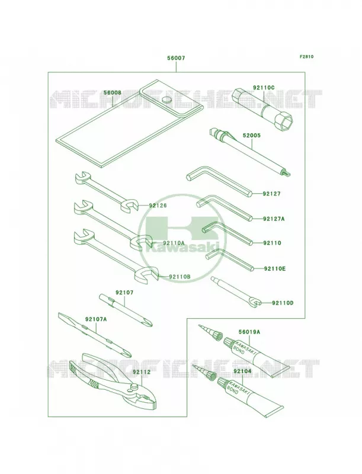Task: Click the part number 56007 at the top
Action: click(176, 57)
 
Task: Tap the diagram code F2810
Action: click(306, 56)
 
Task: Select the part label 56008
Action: click(113, 92)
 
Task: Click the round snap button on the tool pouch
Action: click(166, 100)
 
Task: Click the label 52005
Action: click(251, 136)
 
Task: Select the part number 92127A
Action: click(274, 219)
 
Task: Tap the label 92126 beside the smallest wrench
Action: click(158, 206)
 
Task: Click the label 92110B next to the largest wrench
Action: click(180, 276)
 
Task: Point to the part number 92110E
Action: click(275, 268)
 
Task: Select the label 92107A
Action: click(96, 319)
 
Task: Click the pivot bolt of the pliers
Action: click(134, 386)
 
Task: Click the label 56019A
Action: click(249, 332)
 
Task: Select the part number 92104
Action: click(242, 371)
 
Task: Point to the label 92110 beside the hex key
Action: click(272, 243)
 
